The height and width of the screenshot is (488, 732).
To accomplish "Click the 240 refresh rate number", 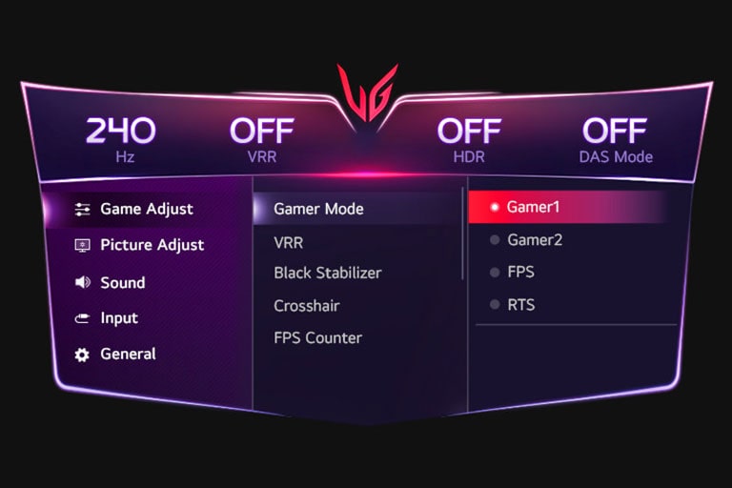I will point(121,131).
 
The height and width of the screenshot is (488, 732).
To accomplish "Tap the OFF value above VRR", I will point(261,131).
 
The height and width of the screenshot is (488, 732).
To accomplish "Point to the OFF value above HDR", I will point(469,131).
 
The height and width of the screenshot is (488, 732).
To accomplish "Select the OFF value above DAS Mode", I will point(615,131).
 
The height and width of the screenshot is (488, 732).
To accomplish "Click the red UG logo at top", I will point(367,93).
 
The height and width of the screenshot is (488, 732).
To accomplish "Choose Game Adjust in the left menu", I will point(147,209).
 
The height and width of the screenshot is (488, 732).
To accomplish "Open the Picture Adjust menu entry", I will point(152,245).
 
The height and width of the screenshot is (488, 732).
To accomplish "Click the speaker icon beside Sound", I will point(82,282).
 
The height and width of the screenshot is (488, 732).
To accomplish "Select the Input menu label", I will point(119,318).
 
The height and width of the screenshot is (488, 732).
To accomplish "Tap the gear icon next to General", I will point(82,355).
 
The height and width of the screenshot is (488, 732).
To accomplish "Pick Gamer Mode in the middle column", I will point(318,209).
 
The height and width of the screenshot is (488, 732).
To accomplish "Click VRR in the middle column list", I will point(288,243).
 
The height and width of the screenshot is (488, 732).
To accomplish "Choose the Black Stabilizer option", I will point(327,273).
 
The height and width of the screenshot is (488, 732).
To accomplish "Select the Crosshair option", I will point(306,306).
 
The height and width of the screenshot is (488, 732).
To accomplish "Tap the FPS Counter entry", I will point(317,337).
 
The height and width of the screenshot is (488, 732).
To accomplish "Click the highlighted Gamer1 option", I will point(533,207).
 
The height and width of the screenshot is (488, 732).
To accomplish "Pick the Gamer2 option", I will point(534,240).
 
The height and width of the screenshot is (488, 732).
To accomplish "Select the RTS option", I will point(520,305).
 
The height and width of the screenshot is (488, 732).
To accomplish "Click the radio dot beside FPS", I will point(494,273).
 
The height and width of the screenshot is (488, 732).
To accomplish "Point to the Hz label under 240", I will point(121,156).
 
